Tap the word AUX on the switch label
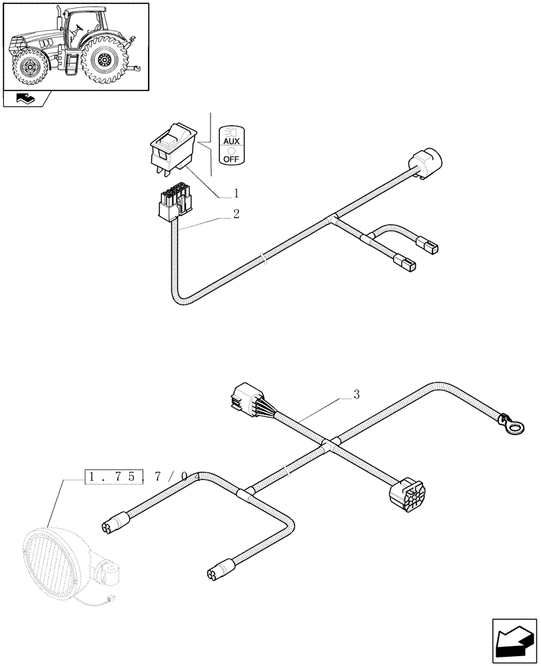pos(231,143)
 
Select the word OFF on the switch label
pos(231,159)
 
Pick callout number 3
pos(356,394)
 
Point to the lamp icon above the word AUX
pos(231,130)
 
